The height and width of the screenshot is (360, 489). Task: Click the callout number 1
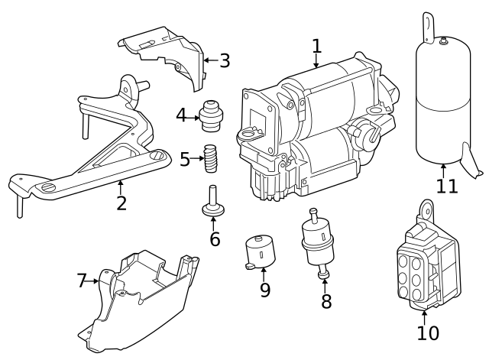pyautogui.click(x=317, y=47)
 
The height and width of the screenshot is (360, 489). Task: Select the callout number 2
pyautogui.click(x=121, y=203)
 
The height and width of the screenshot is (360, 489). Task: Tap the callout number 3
pyautogui.click(x=224, y=60)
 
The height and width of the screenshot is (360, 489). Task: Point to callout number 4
pyautogui.click(x=181, y=116)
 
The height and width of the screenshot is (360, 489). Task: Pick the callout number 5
pyautogui.click(x=185, y=160)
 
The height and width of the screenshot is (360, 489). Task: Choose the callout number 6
pyautogui.click(x=215, y=238)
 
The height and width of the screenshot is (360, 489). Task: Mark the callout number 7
pyautogui.click(x=83, y=281)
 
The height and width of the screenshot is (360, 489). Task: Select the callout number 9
pyautogui.click(x=265, y=290)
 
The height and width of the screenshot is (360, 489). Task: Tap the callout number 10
pyautogui.click(x=428, y=332)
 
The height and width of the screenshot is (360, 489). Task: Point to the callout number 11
pyautogui.click(x=447, y=186)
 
